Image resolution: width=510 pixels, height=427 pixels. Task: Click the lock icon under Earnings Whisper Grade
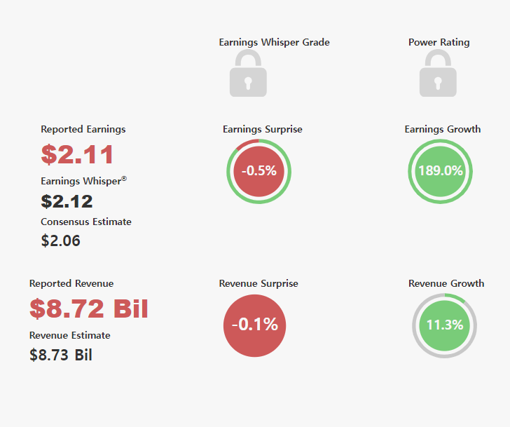(x=248, y=73)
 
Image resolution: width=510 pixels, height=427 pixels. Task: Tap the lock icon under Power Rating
(x=438, y=73)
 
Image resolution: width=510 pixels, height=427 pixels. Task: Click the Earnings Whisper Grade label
(x=274, y=42)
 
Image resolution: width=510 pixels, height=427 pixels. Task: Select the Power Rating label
(x=439, y=42)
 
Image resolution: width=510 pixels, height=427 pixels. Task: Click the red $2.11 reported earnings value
(x=77, y=154)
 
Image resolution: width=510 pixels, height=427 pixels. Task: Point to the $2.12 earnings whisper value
(x=67, y=201)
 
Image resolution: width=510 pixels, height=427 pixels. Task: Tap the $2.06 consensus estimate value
(x=60, y=240)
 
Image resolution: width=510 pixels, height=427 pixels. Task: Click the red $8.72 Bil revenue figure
(x=89, y=309)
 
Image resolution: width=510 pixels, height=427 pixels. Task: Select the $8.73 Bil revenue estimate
(x=61, y=355)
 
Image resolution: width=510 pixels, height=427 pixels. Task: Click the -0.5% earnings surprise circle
(x=259, y=172)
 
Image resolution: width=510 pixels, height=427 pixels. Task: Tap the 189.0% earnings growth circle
(x=441, y=172)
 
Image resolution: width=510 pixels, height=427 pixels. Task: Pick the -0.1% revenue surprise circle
(x=255, y=326)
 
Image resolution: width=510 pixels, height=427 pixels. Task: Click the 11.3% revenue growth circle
(x=445, y=326)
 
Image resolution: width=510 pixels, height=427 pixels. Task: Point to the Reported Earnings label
(x=83, y=129)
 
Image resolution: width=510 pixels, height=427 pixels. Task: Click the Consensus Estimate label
(x=86, y=222)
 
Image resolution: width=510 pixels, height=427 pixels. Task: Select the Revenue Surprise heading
(x=259, y=283)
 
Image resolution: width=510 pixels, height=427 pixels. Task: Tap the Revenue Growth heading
(x=446, y=283)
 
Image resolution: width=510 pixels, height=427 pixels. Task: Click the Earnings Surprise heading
(x=263, y=129)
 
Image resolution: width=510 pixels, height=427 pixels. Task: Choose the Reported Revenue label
(x=71, y=283)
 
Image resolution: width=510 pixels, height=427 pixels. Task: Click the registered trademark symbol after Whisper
(x=124, y=178)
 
